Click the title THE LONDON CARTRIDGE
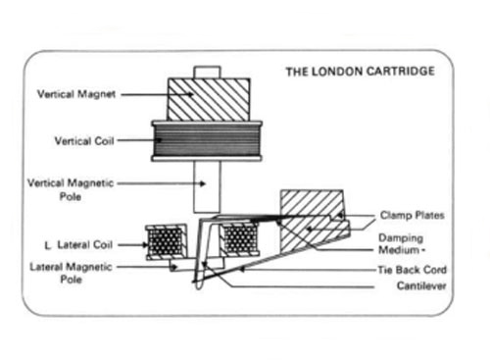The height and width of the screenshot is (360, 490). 361,72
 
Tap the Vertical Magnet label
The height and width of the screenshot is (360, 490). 76,94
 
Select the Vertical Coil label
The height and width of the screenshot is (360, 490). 84,141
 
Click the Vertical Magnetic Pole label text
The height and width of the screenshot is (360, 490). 71,189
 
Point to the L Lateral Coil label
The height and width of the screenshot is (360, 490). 78,245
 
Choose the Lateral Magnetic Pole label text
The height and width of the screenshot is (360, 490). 71,273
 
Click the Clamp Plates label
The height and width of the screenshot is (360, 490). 413,215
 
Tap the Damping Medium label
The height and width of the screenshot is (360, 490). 402,244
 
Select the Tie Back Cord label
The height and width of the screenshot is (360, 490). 413,270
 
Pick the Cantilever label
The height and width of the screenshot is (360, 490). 421,285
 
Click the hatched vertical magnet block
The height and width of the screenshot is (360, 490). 209,100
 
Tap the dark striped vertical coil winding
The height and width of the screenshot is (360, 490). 207,141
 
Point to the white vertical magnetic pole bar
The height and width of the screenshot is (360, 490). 207,187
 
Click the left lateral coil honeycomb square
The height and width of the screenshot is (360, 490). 166,242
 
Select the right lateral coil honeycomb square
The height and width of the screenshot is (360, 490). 241,238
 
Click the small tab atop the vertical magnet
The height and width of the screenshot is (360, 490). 207,73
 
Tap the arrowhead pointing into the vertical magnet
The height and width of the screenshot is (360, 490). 190,94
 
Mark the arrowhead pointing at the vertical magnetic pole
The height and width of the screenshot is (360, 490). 203,183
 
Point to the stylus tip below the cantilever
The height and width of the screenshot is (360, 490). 199,286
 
